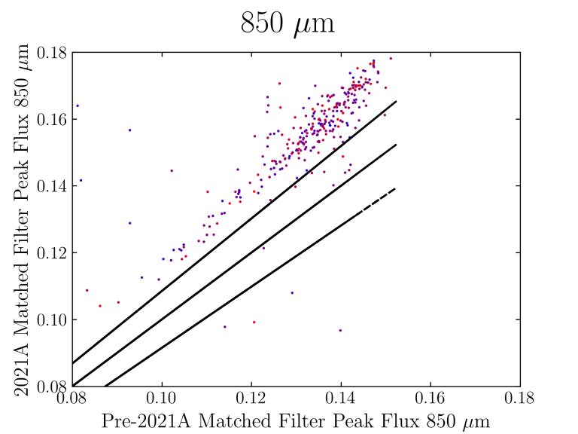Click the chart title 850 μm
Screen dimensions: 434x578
click(x=287, y=24)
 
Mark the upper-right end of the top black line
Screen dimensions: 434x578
click(x=396, y=101)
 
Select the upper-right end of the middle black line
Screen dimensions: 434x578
click(x=396, y=145)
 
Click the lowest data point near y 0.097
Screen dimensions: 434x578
click(x=340, y=330)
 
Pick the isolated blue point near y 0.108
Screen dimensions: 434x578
click(x=292, y=292)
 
